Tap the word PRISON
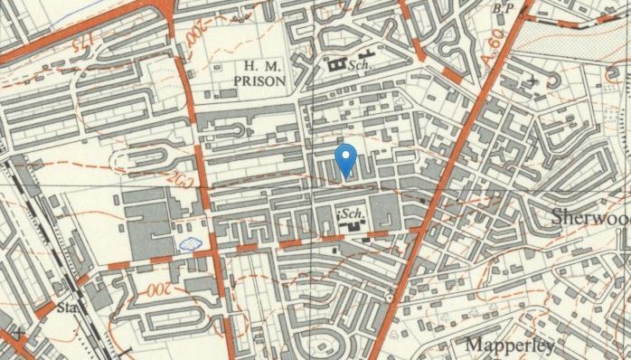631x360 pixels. [259, 81]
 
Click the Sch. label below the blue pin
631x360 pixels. [352, 213]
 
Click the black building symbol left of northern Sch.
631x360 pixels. [339, 65]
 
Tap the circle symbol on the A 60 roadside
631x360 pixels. [388, 298]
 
